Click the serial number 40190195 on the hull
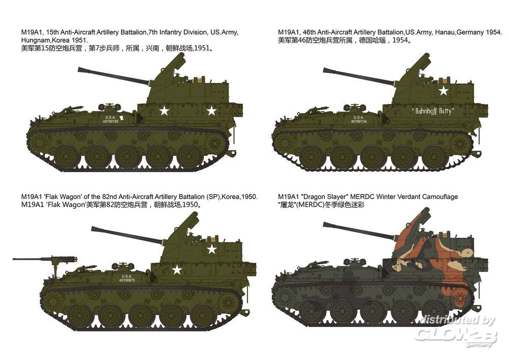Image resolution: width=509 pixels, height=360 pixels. point(110,121)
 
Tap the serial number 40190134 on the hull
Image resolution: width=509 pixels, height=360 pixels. point(359,121)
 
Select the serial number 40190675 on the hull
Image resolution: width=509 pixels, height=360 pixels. point(127,280)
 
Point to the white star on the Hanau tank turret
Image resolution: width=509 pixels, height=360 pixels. point(443,91)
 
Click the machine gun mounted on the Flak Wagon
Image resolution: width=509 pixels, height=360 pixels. point(45,260)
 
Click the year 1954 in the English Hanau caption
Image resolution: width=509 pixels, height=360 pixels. point(494,33)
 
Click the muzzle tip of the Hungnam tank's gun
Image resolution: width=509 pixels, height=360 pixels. point(78,69)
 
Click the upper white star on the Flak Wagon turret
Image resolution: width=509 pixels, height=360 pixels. point(212,249)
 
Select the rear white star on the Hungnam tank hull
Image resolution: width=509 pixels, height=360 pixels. point(211,111)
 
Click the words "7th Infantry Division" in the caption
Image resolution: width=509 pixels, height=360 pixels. point(178,33)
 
